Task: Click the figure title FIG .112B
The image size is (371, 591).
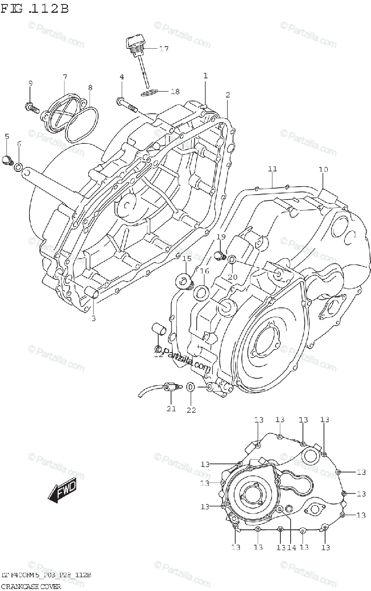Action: [35, 8]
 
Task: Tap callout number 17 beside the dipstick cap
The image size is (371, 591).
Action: [164, 48]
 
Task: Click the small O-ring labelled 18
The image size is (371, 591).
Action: [149, 92]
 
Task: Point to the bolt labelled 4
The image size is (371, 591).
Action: [126, 102]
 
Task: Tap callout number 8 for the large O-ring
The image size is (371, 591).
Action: [90, 88]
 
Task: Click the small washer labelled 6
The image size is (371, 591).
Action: [18, 167]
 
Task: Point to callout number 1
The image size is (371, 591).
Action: [205, 76]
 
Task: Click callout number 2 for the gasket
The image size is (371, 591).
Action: [228, 94]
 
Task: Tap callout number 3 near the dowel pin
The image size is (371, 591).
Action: [93, 318]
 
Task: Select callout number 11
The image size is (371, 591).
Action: [272, 169]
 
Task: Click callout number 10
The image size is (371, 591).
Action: [323, 170]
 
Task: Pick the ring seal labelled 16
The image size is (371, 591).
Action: [200, 294]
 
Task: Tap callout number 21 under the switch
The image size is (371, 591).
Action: [171, 408]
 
